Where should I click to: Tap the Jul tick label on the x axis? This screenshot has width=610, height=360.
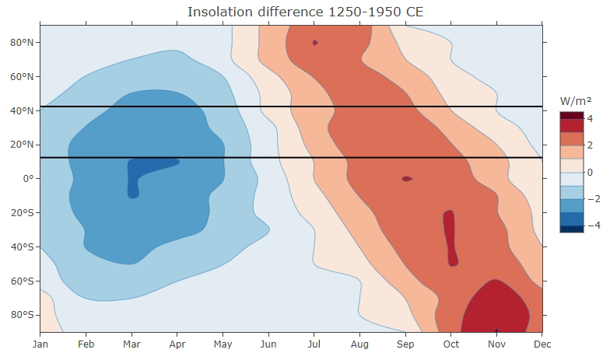coord(314,342)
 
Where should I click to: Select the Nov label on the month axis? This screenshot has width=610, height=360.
coord(496,342)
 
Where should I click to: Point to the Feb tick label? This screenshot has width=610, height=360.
coord(86,342)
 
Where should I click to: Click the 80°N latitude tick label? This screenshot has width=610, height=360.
coord(22,42)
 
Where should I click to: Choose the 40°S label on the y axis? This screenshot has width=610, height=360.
coord(22,246)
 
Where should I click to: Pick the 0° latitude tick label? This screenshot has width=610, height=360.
coord(29,178)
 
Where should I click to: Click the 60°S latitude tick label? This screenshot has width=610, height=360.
coord(22,281)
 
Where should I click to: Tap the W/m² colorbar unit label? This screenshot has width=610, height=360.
coord(576,101)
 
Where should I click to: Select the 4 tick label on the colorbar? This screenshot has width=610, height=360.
coord(591,119)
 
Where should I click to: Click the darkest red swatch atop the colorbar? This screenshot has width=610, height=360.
coord(571,115)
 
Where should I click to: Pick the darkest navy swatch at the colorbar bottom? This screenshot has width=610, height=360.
coord(571,229)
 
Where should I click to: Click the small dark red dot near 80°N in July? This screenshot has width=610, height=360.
coord(314,43)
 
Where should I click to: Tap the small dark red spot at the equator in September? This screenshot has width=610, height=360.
coord(407,179)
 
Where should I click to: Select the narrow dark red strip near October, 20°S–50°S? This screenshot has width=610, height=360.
coord(450,237)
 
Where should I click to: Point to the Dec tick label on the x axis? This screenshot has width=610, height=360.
coord(542,342)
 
